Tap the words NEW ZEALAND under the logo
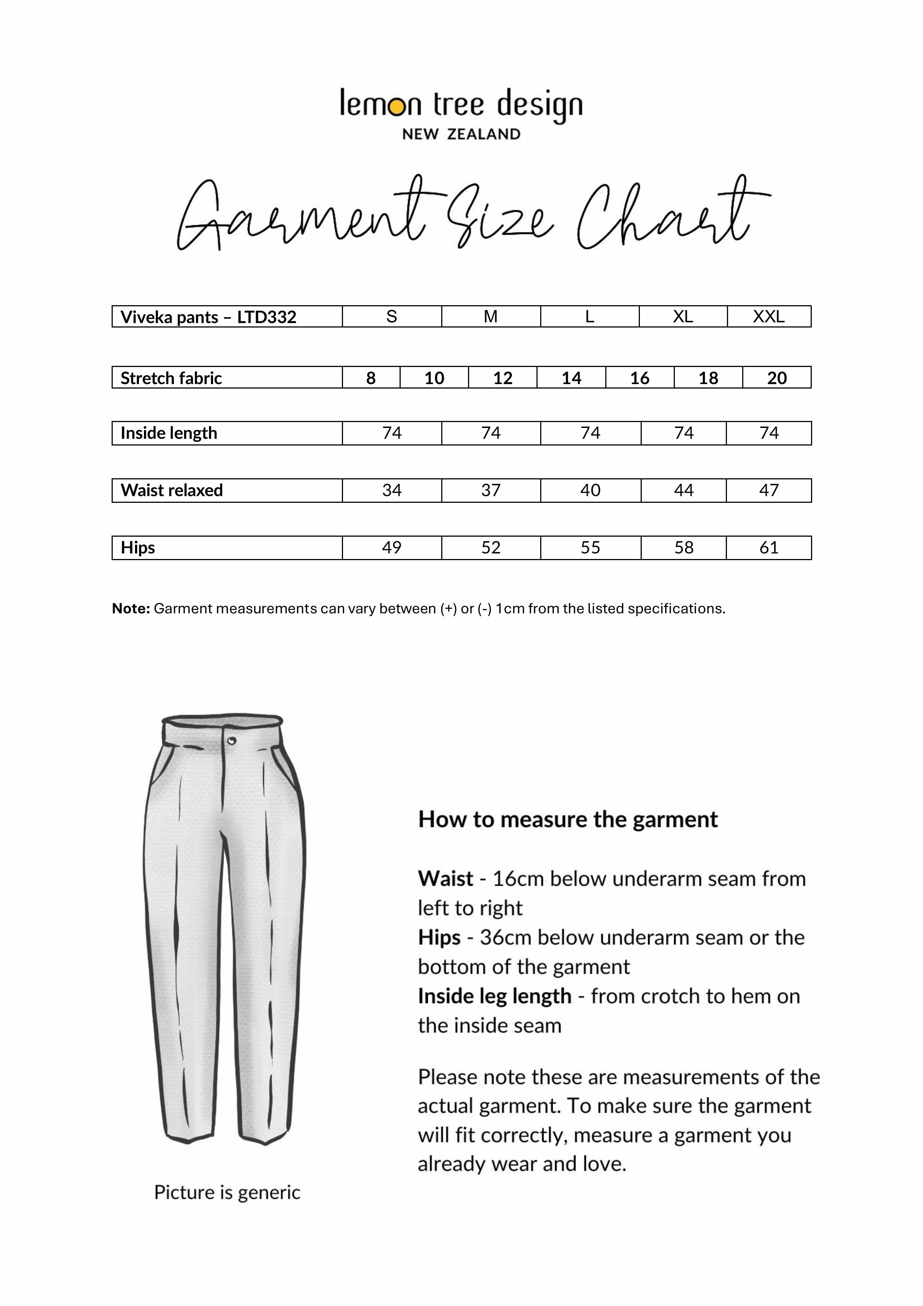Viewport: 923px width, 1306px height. (461, 134)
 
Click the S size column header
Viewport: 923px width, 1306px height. (391, 316)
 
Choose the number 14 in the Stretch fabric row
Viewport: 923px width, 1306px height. (571, 378)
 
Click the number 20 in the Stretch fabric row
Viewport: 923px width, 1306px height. (776, 378)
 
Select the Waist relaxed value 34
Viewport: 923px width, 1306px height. (391, 490)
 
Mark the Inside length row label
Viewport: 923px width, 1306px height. (169, 433)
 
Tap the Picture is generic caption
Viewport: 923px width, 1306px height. (227, 1192)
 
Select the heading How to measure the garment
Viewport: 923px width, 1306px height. (568, 820)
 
